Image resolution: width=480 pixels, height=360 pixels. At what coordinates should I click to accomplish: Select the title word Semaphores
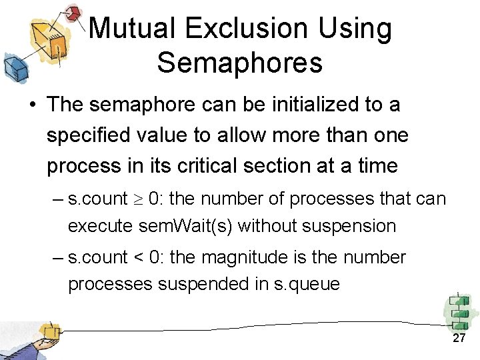click(x=240, y=63)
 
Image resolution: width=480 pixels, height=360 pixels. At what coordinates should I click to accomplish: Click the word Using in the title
click(x=358, y=29)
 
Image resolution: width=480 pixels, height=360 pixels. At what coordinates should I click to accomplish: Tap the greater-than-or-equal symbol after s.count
click(x=138, y=199)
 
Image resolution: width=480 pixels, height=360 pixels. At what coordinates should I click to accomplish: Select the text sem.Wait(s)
click(x=186, y=226)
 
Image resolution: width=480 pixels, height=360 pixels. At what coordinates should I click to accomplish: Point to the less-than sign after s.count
click(x=138, y=257)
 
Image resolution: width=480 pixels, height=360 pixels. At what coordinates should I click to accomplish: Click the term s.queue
click(x=307, y=284)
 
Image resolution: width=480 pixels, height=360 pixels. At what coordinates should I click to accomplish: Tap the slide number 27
click(x=459, y=339)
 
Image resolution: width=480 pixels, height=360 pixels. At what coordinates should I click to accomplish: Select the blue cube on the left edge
click(x=13, y=67)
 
